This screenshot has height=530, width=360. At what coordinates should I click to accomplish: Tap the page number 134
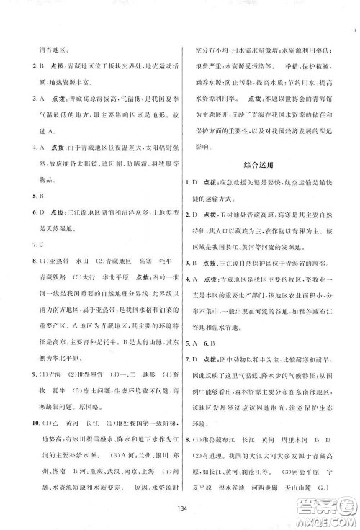point(179,511)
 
